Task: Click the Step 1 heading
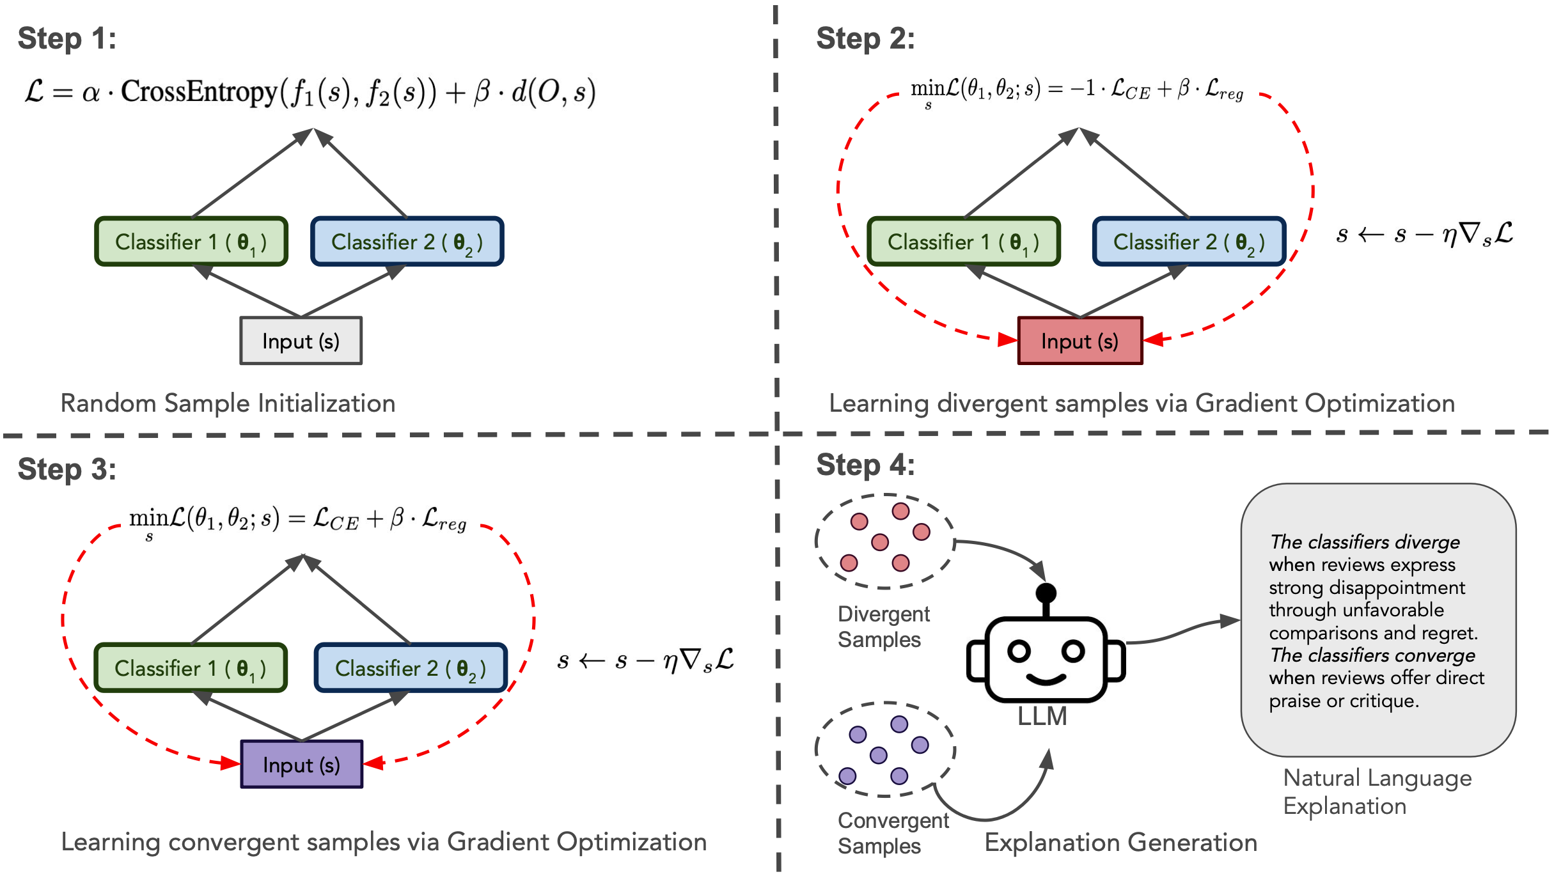pos(67,38)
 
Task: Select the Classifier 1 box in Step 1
pos(191,242)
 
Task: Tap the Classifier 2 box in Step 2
pos(1189,242)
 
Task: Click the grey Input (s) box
pos(301,341)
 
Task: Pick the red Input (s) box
pos(1079,341)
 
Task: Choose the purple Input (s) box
pos(301,765)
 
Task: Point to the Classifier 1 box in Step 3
pos(190,668)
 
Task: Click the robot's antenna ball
pos(1046,593)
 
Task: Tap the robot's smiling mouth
pos(1046,679)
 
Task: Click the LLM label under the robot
pos(1042,717)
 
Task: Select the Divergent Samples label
pos(883,627)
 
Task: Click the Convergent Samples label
pos(893,833)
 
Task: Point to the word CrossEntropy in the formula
pos(199,91)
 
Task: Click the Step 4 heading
pos(865,465)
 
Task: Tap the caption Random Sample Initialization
pos(228,403)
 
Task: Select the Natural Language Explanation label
pos(1377,791)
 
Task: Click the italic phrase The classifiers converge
pos(1372,655)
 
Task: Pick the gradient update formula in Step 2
pos(1424,234)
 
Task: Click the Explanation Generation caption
pos(1120,843)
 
